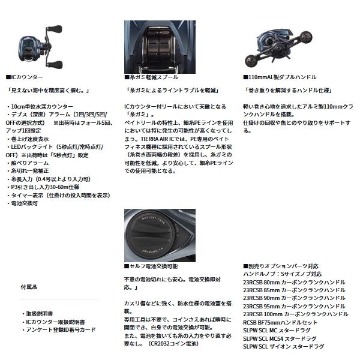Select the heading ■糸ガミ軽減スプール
tap(150, 78)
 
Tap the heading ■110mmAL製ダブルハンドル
tap(278, 78)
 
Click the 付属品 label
tap(29, 288)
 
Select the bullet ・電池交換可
tap(24, 204)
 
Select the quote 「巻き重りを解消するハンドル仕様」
tap(287, 91)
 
